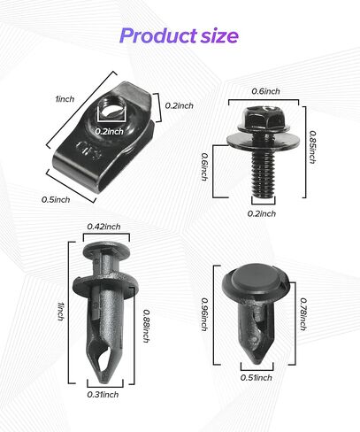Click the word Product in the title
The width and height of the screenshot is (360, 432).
click(157, 36)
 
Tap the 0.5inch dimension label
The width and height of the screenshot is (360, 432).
click(56, 199)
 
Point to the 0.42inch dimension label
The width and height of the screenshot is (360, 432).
click(103, 227)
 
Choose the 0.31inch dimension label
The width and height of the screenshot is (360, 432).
click(104, 395)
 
